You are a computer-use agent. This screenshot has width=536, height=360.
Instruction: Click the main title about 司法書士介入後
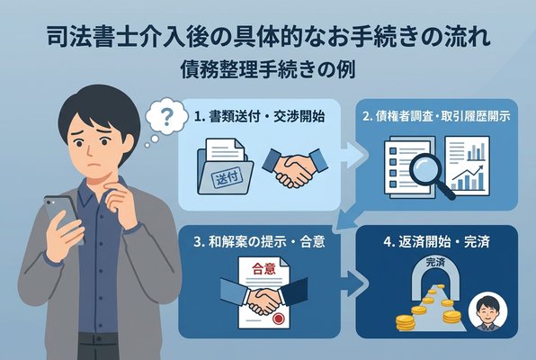(268, 39)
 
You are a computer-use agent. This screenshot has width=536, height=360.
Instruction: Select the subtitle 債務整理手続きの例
(268, 70)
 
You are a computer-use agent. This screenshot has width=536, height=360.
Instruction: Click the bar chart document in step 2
(469, 163)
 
